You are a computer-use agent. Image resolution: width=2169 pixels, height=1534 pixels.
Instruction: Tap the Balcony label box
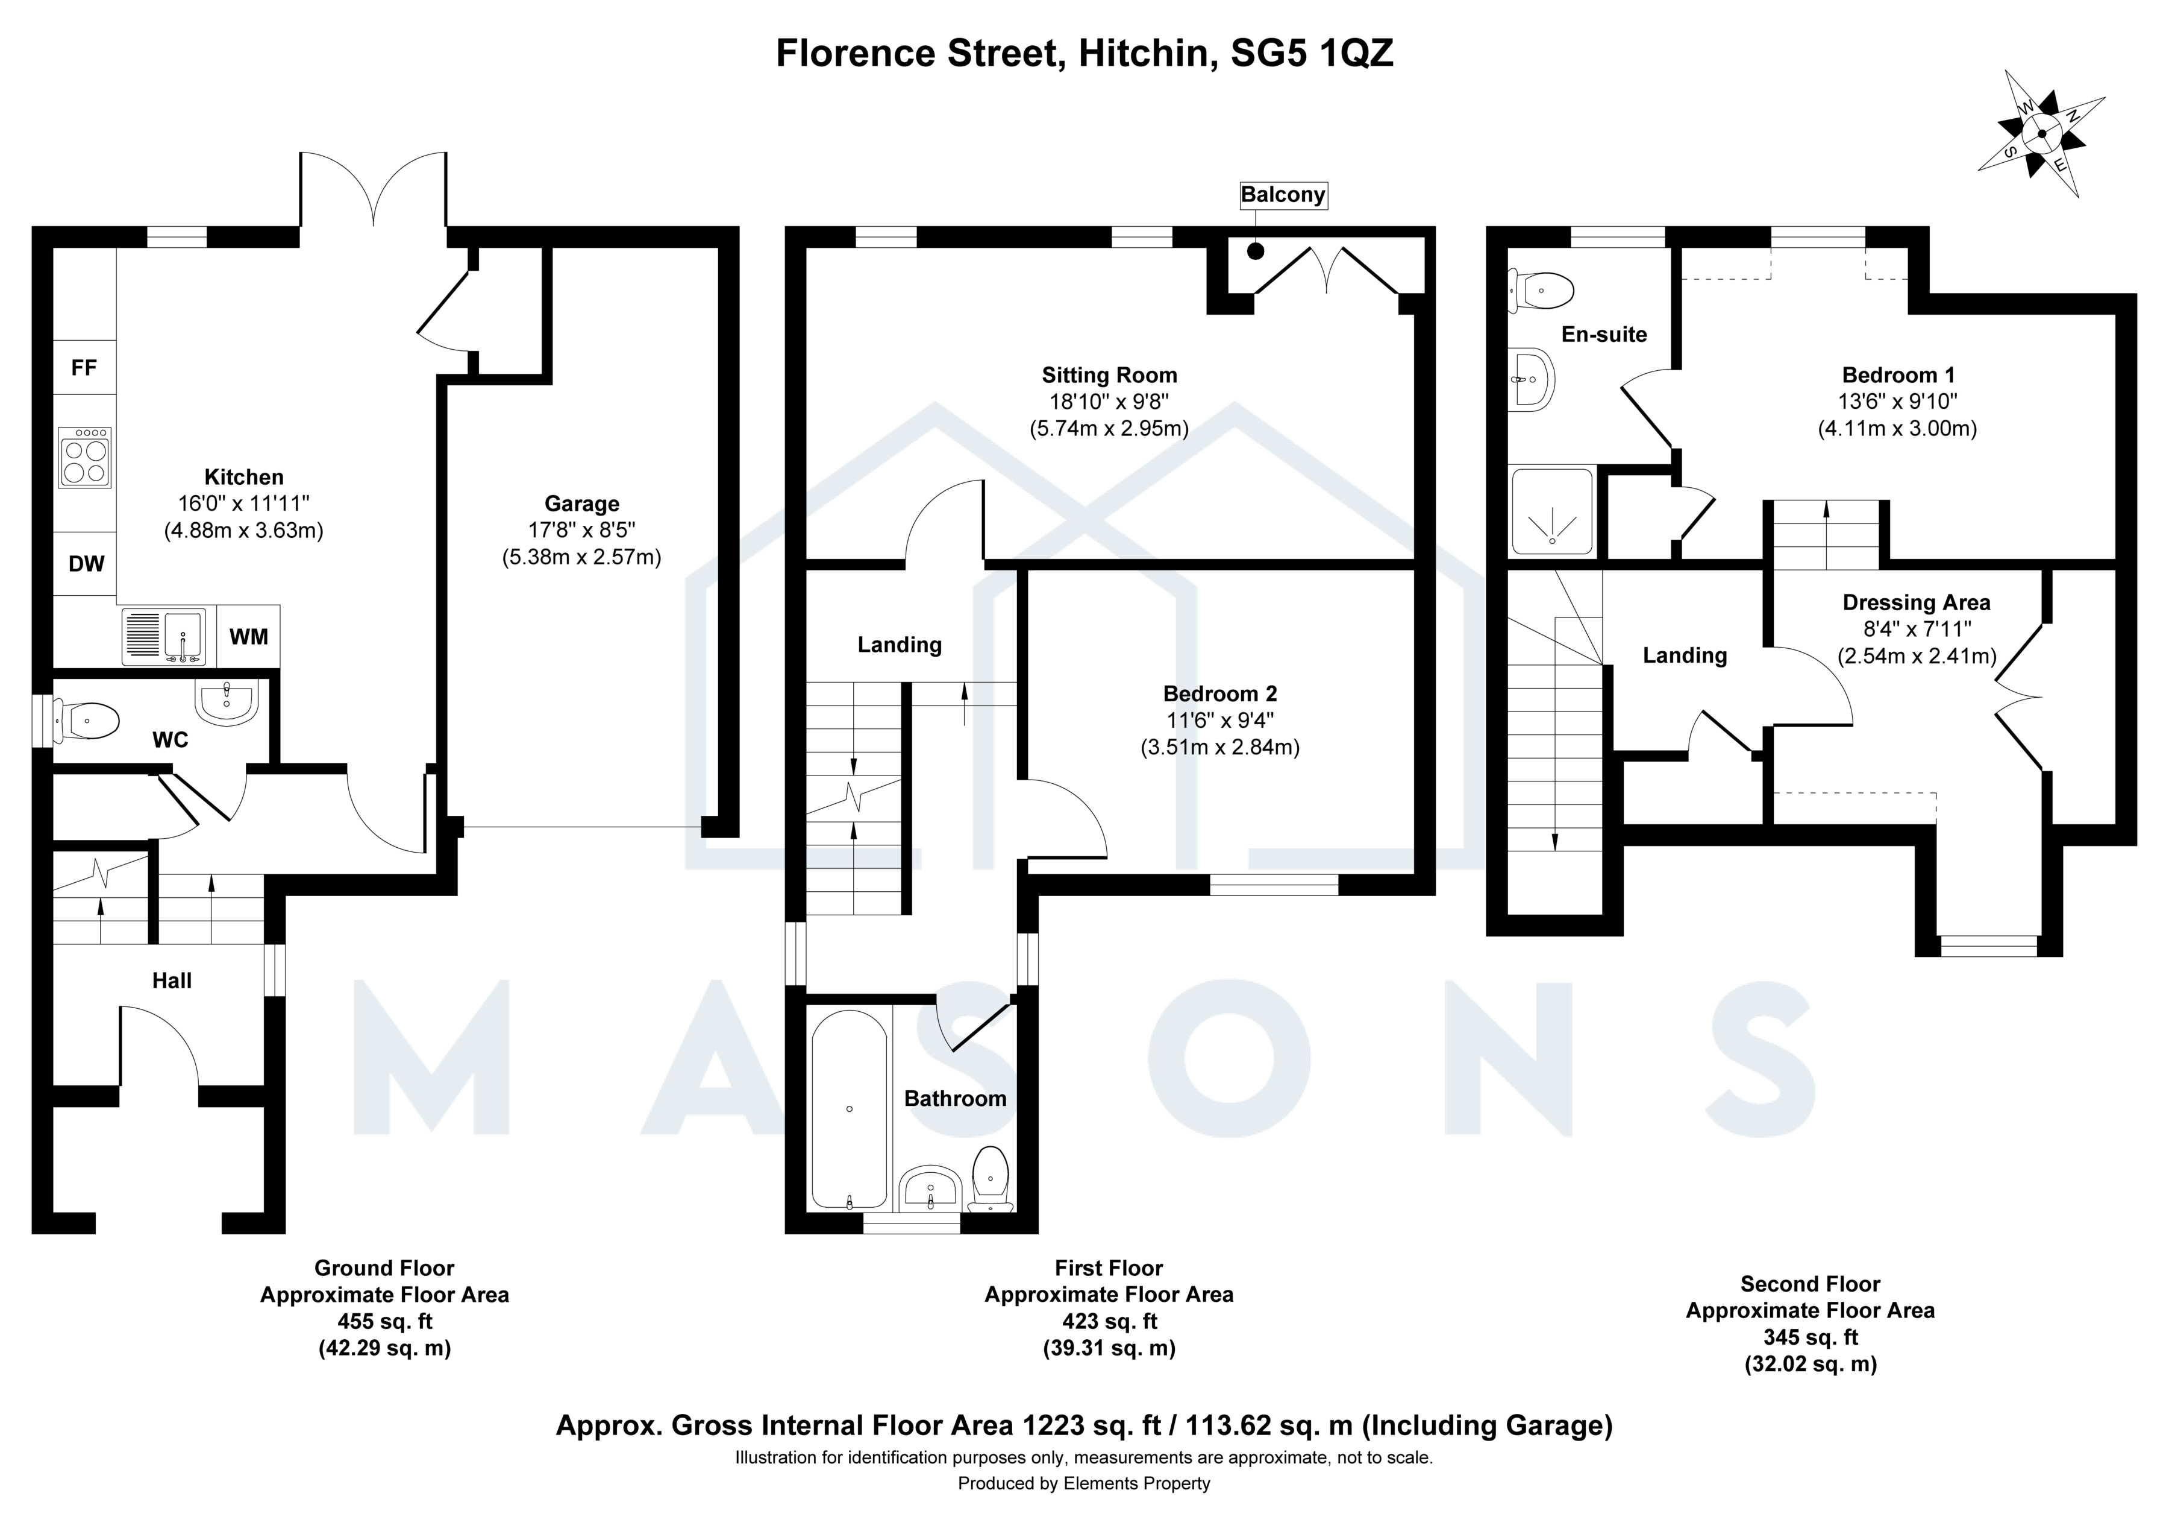pos(1283,195)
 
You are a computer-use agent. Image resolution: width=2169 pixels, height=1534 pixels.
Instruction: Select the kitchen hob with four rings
pos(85,458)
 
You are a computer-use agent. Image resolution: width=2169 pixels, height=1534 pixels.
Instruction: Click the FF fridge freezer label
pos(84,367)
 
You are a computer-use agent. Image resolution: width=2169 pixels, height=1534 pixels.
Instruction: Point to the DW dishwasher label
pos(86,564)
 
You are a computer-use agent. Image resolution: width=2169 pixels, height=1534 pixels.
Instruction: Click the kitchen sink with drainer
pos(163,636)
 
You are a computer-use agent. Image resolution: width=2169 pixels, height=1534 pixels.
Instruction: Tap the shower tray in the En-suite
pos(1552,511)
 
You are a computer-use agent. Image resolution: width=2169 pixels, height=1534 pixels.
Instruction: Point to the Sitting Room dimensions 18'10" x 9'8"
pos(1109,402)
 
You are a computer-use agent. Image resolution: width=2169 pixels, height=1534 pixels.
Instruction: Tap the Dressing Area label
pos(1916,602)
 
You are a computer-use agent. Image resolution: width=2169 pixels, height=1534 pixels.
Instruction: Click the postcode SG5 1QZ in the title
pos(1312,54)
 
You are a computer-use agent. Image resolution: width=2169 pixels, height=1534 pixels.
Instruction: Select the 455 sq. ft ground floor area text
pos(384,1321)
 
